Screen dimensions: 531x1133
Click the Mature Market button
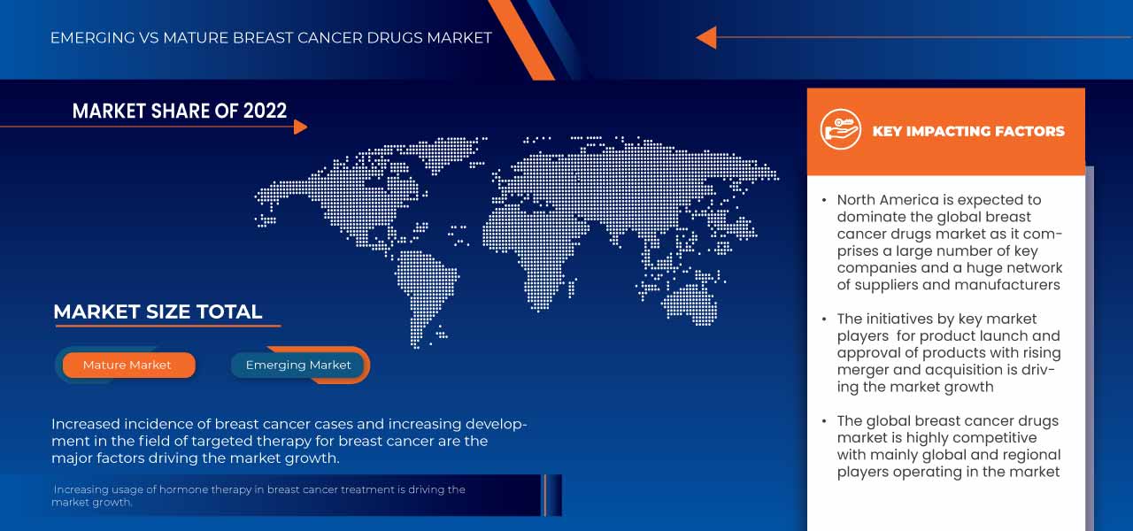pos(127,365)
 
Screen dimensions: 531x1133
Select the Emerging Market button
pos(298,365)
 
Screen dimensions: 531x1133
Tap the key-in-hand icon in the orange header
pos(840,130)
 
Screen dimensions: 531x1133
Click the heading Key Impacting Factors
pos(968,131)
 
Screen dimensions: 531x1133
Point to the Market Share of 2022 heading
pos(180,111)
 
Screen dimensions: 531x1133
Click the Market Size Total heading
pos(158,312)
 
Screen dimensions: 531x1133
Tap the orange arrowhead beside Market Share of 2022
pos(300,127)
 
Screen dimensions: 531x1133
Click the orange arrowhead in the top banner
pos(706,37)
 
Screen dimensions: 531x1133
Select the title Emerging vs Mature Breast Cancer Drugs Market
pos(271,38)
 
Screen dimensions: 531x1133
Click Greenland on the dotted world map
pos(443,150)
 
